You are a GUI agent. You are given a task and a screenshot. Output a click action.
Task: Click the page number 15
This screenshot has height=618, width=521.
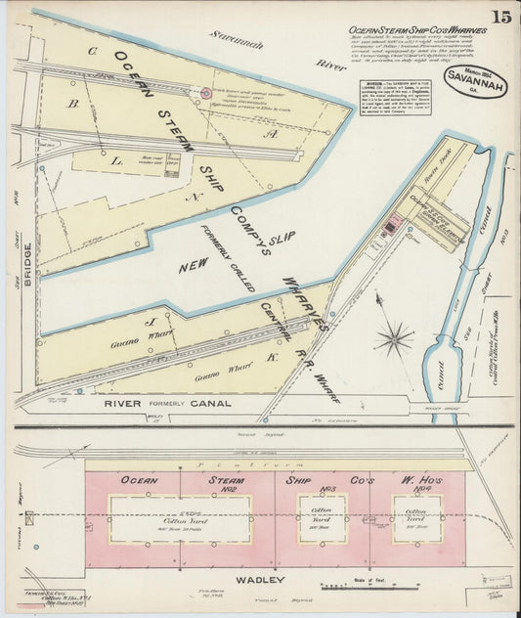click(x=499, y=17)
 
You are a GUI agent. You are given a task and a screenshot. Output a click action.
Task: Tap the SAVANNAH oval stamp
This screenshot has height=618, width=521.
click(x=475, y=82)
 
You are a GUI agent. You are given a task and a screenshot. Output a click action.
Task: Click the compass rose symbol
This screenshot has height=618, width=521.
click(x=394, y=340)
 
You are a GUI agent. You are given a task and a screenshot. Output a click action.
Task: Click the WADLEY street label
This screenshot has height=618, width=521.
click(x=259, y=579)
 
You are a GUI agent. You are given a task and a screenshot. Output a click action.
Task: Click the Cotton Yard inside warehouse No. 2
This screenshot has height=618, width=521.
click(x=180, y=518)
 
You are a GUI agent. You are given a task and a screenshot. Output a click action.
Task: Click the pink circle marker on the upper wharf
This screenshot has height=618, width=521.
click(x=205, y=94)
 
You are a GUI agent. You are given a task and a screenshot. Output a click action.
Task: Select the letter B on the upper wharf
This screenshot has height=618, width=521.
click(x=71, y=101)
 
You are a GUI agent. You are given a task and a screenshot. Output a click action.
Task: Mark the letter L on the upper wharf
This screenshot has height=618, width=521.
click(x=116, y=158)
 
